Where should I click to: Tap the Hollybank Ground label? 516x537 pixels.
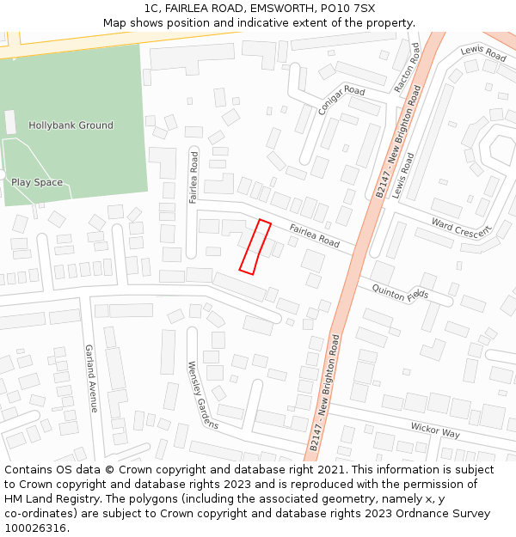tap(71, 125)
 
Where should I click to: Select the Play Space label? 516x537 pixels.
tap(37, 182)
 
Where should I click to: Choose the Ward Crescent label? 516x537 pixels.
tap(462, 228)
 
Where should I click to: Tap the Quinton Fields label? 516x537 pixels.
tap(400, 293)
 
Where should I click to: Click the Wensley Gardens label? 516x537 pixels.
tap(203, 394)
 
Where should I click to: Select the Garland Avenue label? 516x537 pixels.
tap(89, 379)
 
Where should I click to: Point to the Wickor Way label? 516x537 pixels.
tap(435, 429)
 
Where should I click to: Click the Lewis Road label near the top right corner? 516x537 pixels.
tap(483, 53)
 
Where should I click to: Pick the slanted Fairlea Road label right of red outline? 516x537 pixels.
tap(315, 235)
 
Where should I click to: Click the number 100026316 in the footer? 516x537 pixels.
tap(37, 528)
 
